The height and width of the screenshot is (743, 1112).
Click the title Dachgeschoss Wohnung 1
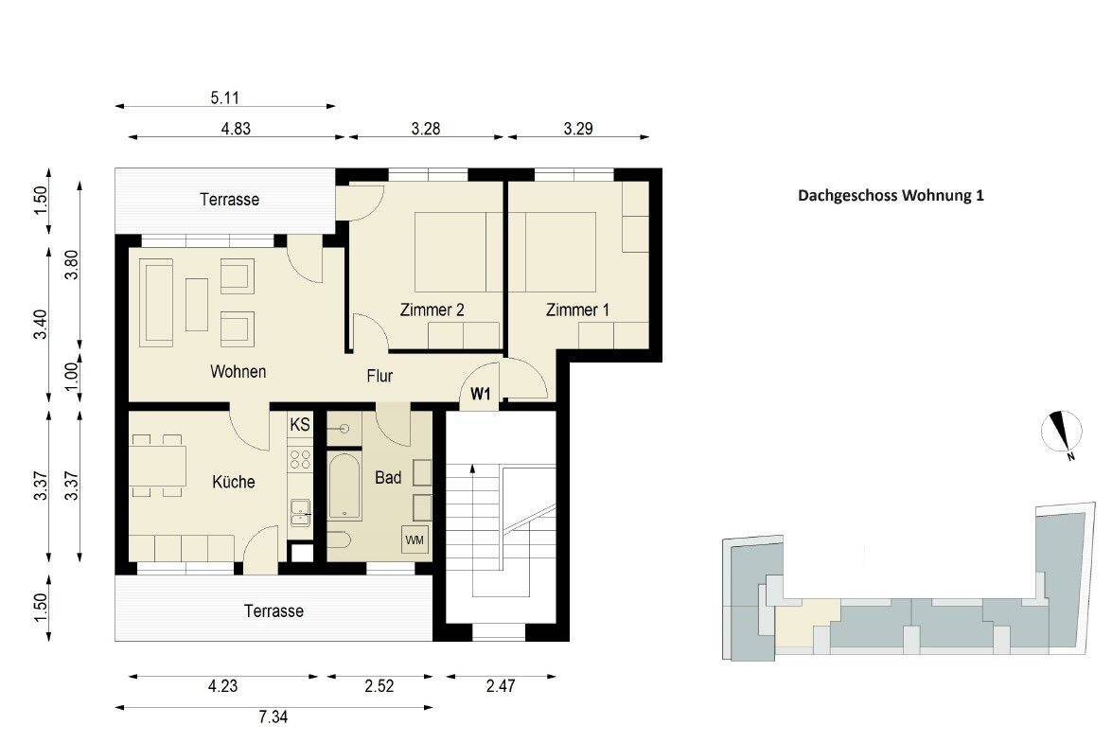point(891,197)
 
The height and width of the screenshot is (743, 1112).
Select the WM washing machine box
point(415,540)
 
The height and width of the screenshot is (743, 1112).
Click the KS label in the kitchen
point(300,425)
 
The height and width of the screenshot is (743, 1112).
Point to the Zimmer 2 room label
point(432,310)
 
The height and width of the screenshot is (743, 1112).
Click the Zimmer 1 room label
point(577,310)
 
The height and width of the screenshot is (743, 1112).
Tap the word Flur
point(379,376)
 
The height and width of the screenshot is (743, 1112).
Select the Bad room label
point(388,478)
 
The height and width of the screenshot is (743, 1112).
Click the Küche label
point(234,482)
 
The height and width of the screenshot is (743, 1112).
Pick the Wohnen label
point(238,372)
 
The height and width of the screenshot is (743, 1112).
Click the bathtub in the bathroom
point(345,487)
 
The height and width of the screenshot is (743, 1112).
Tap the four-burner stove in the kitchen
point(300,459)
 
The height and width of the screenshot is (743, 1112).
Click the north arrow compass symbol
point(1062,433)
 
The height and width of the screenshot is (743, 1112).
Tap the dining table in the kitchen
point(157,466)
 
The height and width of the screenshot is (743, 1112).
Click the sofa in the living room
point(158,303)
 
